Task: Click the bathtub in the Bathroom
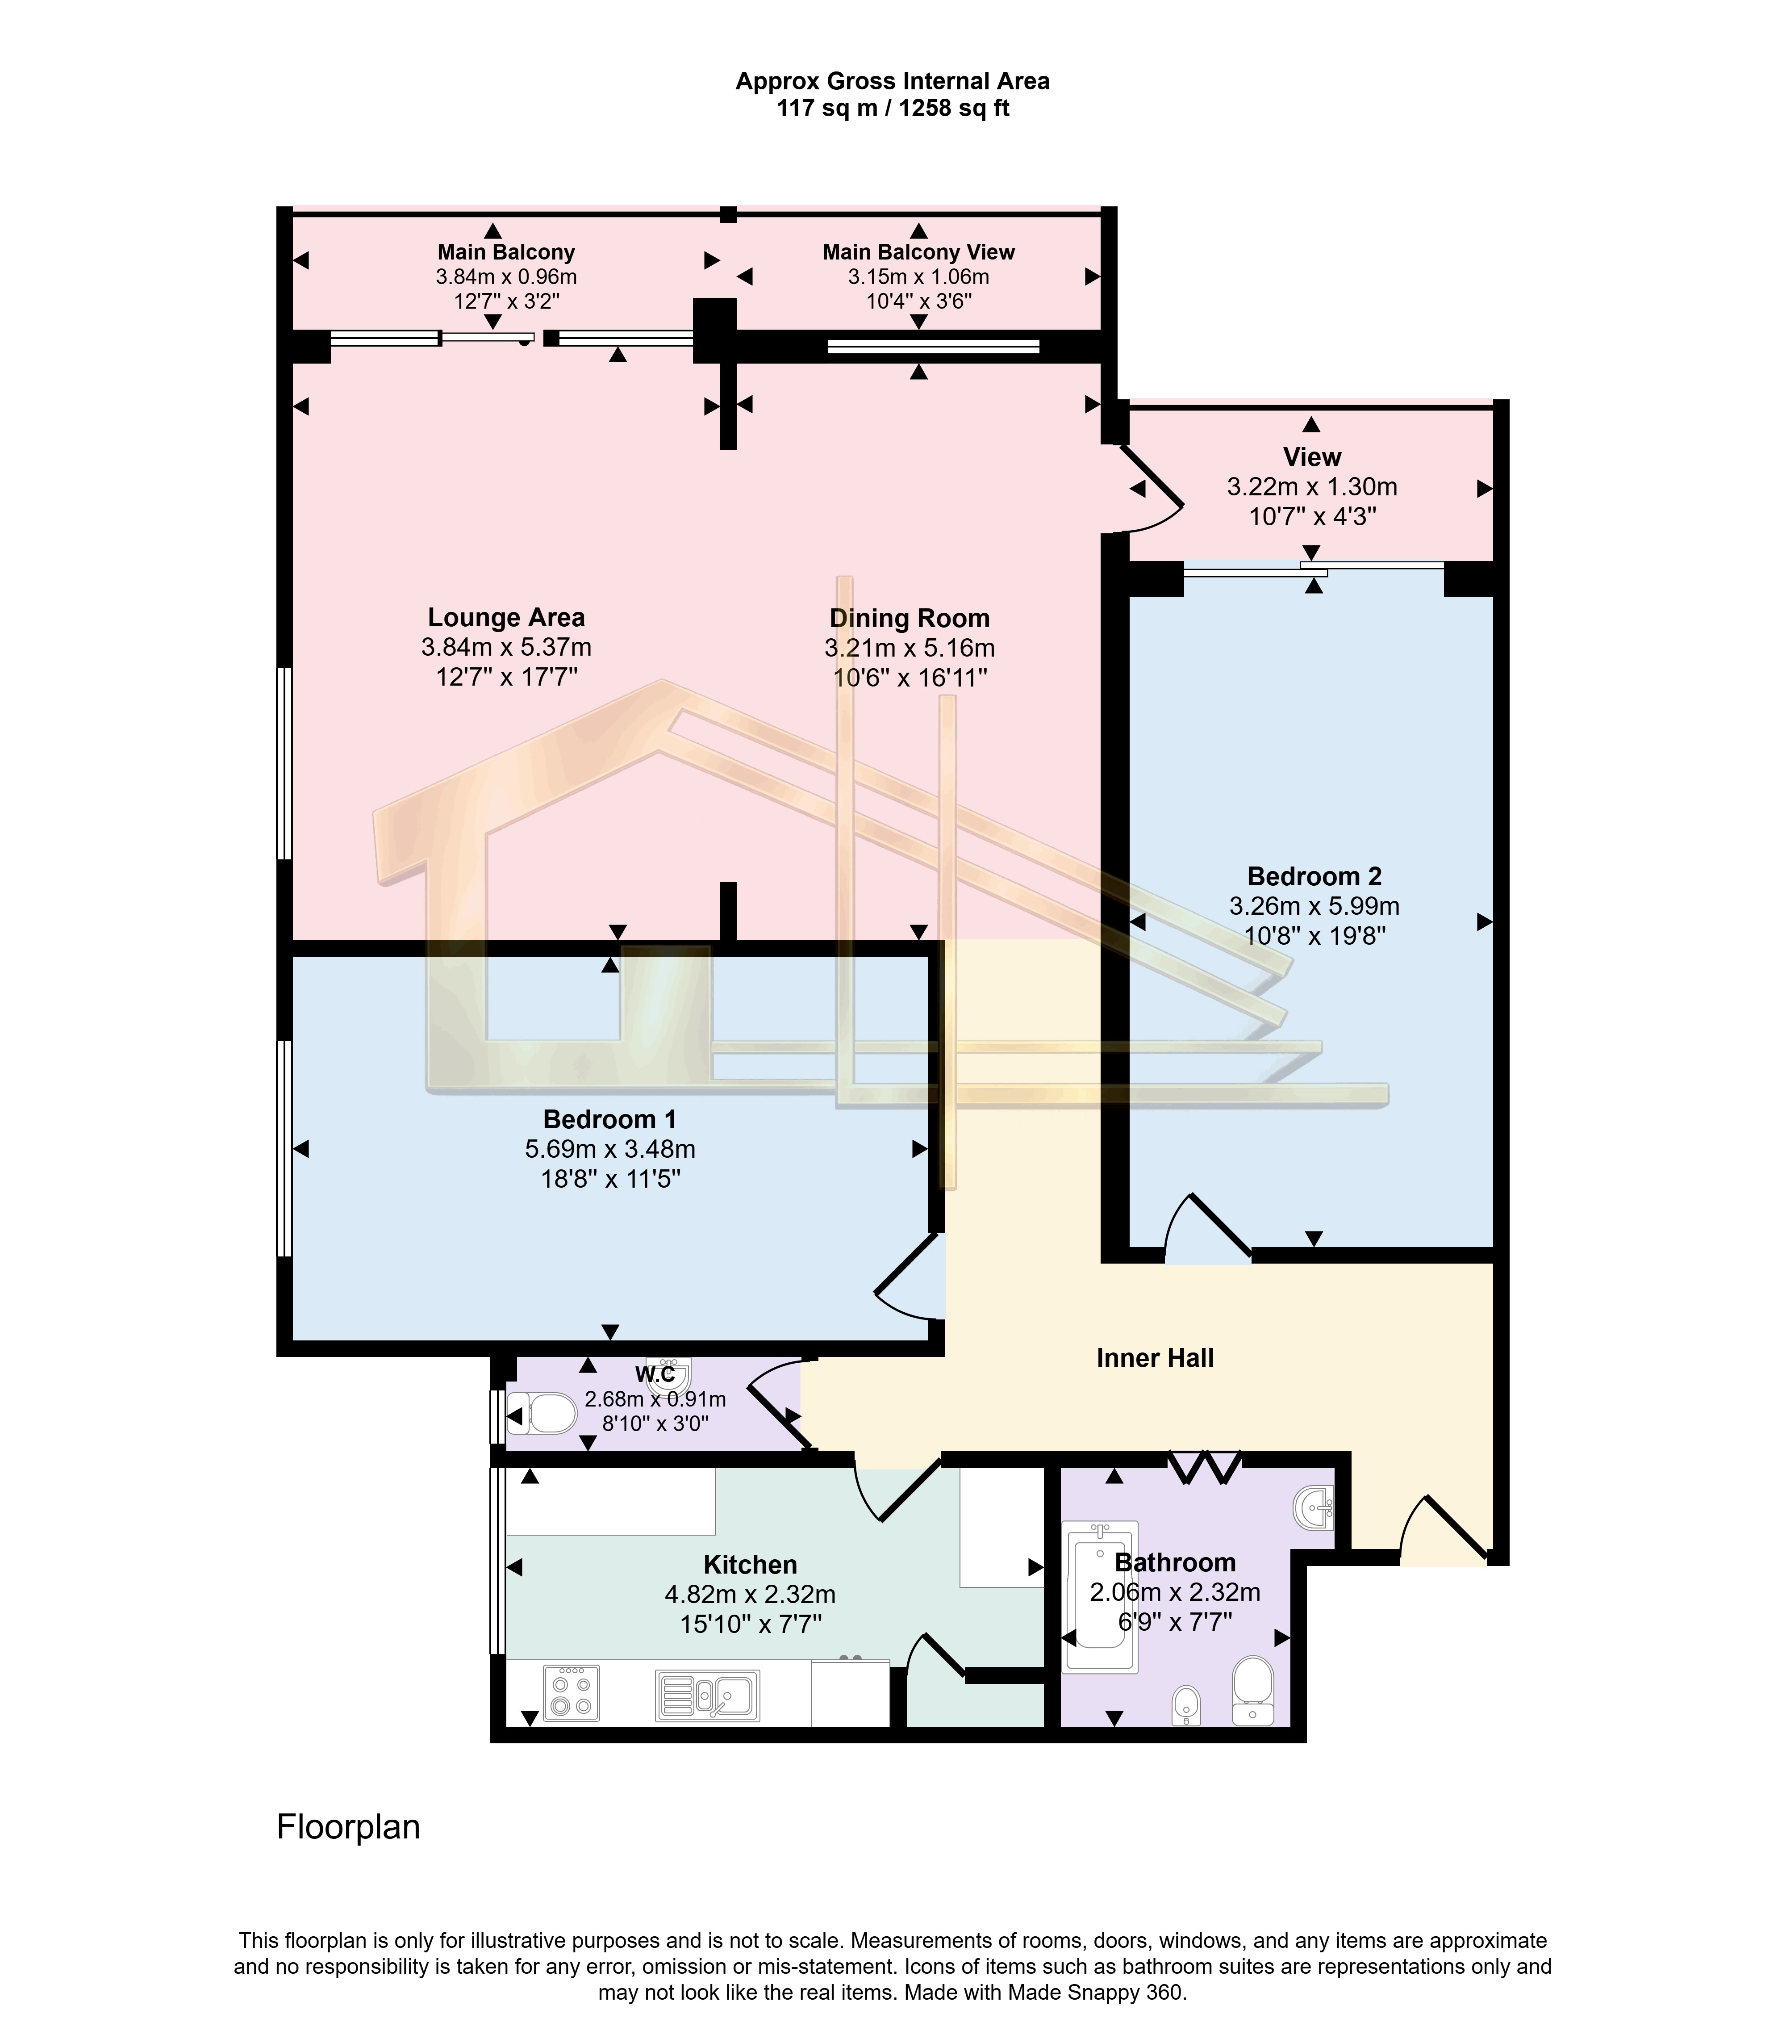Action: click(x=1100, y=1595)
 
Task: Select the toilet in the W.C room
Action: click(x=543, y=1414)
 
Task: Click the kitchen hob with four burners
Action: click(x=571, y=1693)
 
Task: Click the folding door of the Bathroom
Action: click(x=1204, y=1468)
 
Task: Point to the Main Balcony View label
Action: click(x=918, y=252)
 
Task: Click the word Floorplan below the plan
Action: click(x=348, y=1828)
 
